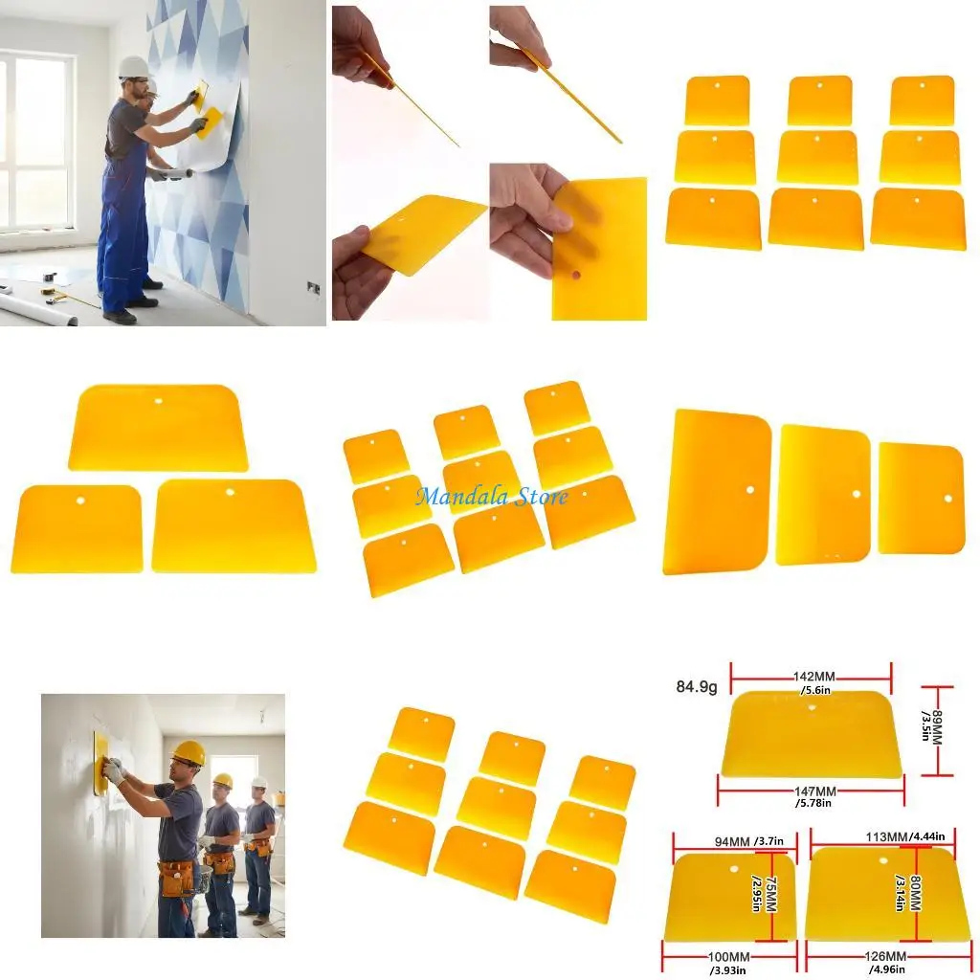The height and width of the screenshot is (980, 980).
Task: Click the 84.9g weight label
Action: point(696,686)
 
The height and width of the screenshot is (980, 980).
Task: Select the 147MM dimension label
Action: point(814,791)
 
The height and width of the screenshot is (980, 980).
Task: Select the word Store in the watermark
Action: point(540,495)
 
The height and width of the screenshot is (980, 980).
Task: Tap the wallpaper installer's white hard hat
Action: point(134,67)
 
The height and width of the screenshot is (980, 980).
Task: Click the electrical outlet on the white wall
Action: point(313,286)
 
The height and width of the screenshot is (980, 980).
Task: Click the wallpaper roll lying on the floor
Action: point(38,308)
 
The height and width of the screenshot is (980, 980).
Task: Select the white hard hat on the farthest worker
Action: point(258,782)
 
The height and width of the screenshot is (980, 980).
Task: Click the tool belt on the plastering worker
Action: point(178,875)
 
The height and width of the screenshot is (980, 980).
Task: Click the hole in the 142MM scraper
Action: point(812,709)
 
